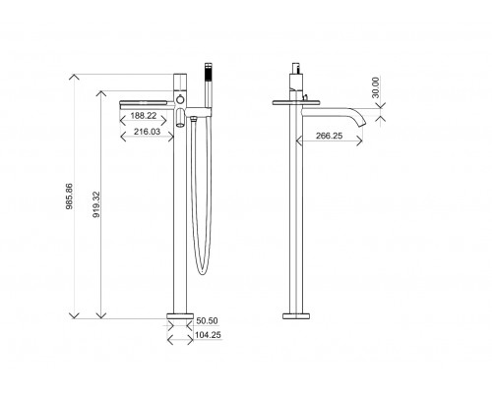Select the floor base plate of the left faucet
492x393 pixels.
point(179,317)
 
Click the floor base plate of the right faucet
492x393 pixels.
point(296,315)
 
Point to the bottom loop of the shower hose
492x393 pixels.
point(202,269)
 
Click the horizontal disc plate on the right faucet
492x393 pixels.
point(295,98)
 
